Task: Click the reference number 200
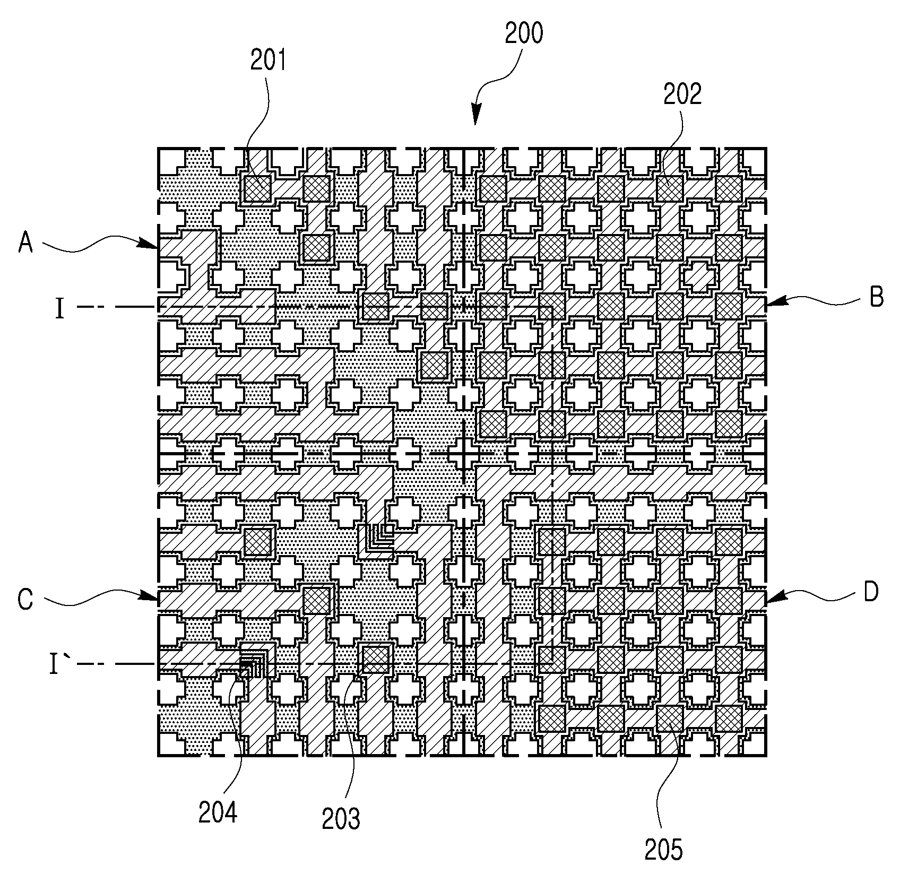click(523, 34)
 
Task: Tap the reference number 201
click(268, 60)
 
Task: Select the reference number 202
click(682, 94)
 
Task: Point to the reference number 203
click(341, 819)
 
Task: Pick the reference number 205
click(664, 850)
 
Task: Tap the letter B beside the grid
click(876, 297)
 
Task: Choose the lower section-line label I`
click(54, 664)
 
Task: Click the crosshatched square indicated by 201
click(258, 188)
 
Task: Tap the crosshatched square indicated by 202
click(670, 188)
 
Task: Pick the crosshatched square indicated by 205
click(670, 718)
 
